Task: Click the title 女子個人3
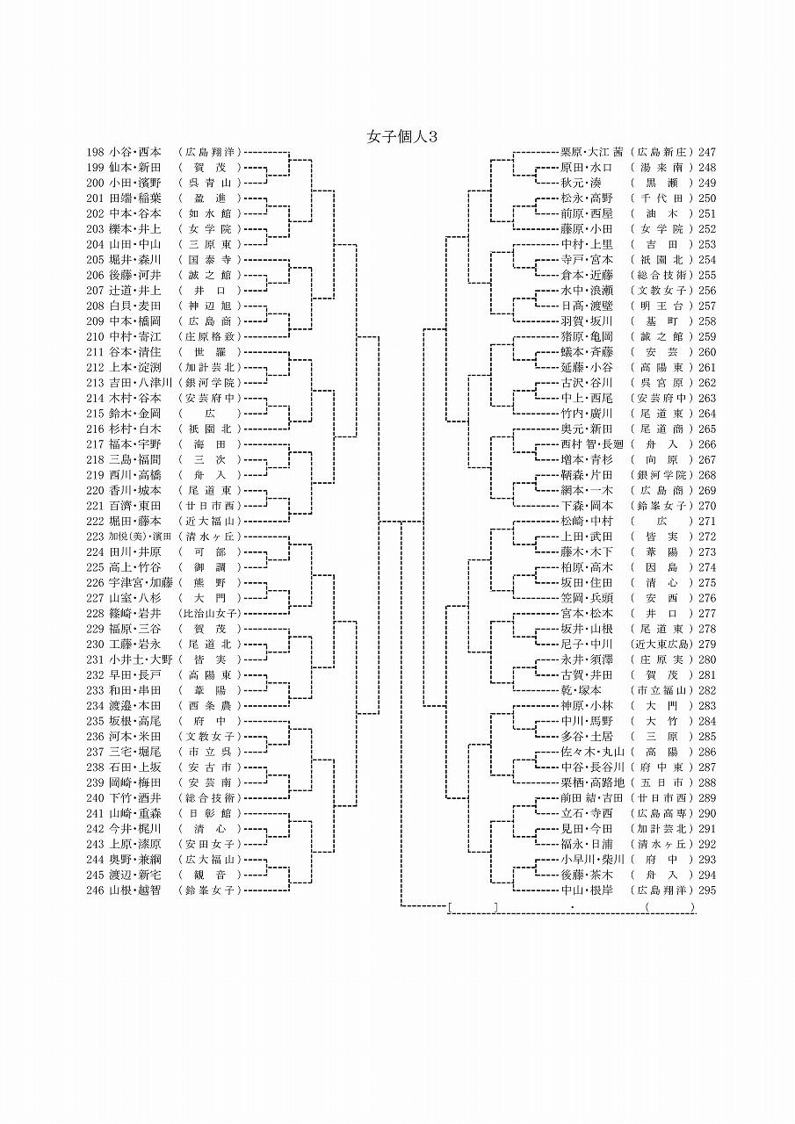pyautogui.click(x=401, y=137)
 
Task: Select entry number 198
pyautogui.click(x=96, y=152)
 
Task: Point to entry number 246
pyautogui.click(x=96, y=890)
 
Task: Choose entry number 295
pyautogui.click(x=707, y=890)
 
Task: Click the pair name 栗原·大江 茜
pyautogui.click(x=591, y=152)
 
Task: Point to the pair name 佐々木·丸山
pyautogui.click(x=592, y=752)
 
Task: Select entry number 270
pyautogui.click(x=707, y=506)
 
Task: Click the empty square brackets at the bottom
pyautogui.click(x=473, y=906)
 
